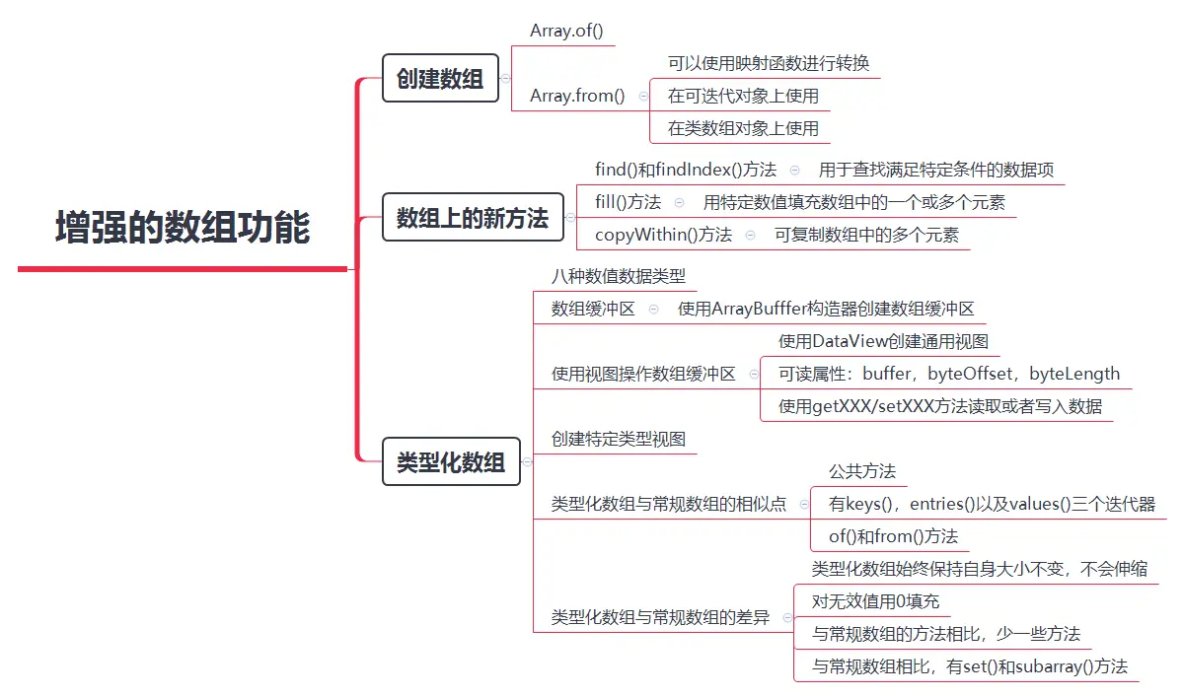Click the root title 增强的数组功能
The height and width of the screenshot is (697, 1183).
183,228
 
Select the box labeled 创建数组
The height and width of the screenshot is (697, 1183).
440,79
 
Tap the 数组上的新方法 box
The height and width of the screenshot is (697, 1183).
472,217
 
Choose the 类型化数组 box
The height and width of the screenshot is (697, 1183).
450,461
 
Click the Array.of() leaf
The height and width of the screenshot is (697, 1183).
565,31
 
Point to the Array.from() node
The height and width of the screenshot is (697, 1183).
577,96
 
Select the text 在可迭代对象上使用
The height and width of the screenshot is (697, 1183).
743,96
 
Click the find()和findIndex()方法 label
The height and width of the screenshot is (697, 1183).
686,170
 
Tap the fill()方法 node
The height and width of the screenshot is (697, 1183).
628,202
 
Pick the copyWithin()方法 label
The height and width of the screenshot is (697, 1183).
663,235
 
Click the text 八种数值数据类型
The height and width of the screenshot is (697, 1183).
619,276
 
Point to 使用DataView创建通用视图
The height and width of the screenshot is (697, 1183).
883,342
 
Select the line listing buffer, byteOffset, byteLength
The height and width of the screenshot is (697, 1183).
948,374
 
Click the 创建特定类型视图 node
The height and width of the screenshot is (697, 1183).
619,439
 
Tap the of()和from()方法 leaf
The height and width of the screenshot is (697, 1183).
893,536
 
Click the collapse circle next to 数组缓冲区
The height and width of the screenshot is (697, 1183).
654,309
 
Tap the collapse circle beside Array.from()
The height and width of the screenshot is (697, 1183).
643,97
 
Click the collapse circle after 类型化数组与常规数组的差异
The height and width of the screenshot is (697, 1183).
787,618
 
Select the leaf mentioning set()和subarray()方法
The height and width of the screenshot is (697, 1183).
969,666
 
